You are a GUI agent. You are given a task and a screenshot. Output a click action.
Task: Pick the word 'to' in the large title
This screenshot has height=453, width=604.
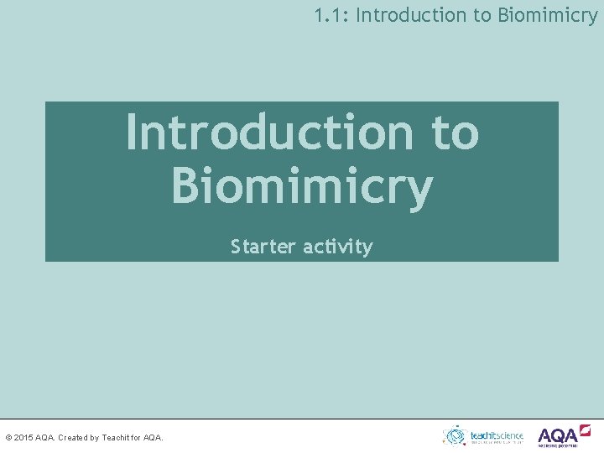(454, 133)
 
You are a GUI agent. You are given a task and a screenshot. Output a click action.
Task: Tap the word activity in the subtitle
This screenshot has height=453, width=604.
(337, 247)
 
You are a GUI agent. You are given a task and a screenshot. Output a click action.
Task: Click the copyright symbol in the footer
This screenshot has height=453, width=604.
(8, 437)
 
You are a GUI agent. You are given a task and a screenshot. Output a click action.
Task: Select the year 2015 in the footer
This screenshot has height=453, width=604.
(24, 437)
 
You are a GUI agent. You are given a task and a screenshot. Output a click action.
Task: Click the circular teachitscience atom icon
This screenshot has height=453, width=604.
(455, 435)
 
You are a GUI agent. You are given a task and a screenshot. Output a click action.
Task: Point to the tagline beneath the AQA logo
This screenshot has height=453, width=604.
(557, 445)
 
